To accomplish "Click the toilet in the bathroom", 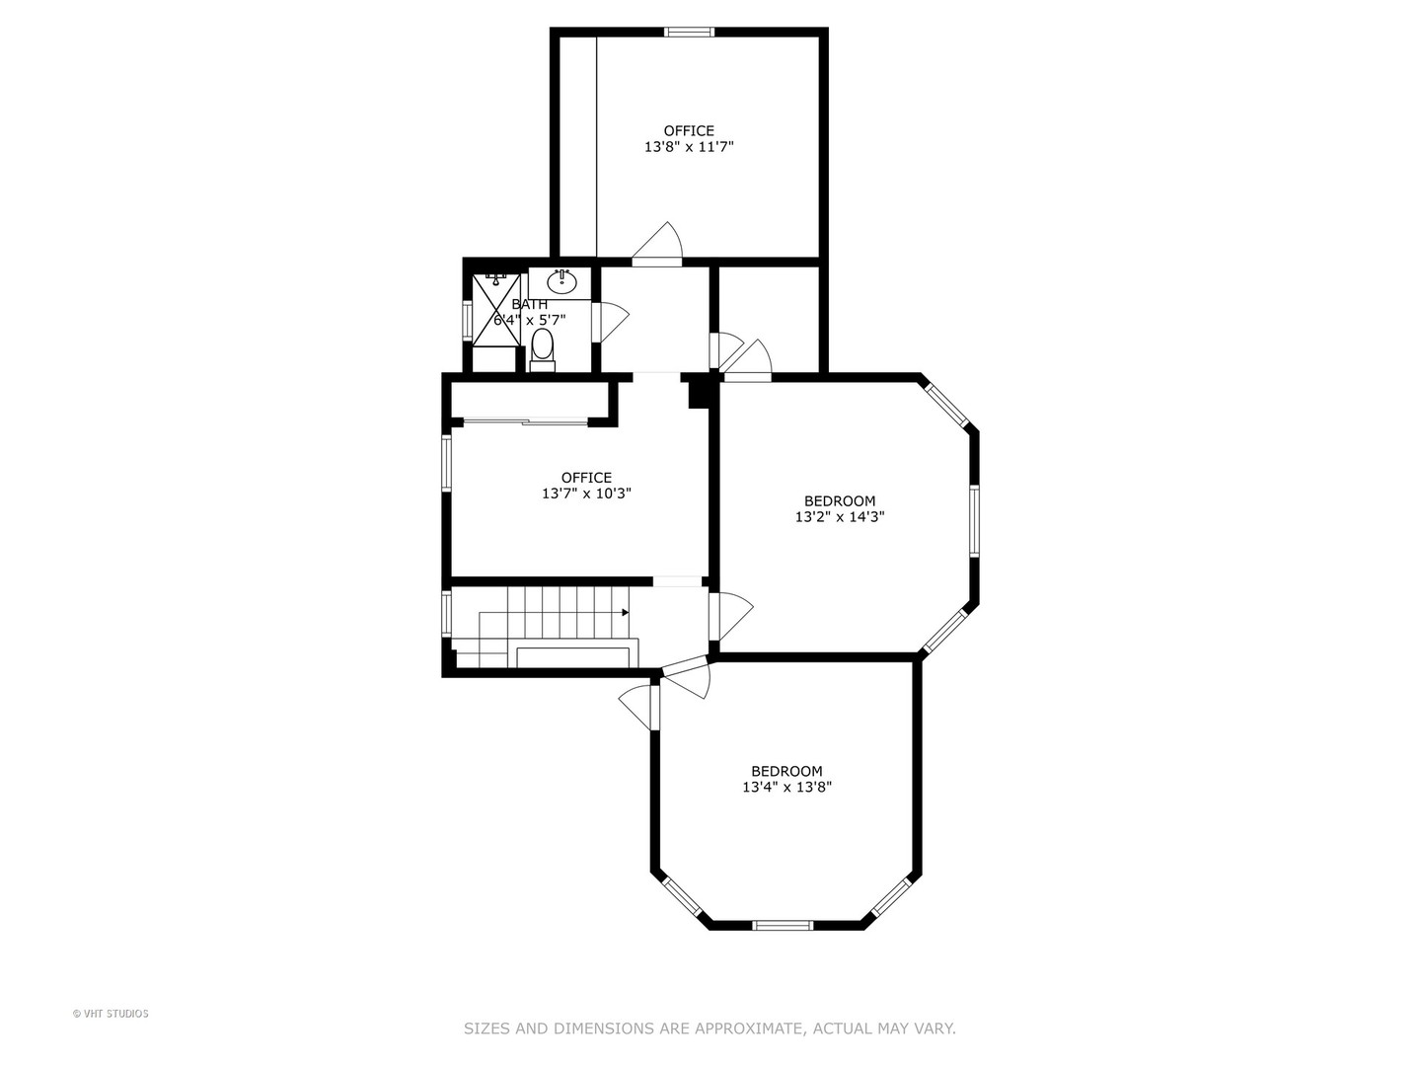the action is [x=543, y=350].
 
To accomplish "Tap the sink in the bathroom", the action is [x=561, y=281].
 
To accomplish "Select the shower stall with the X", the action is [x=496, y=310].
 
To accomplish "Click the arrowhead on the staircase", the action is [x=625, y=612].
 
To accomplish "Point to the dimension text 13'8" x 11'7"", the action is [x=689, y=147].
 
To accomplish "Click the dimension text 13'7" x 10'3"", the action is [x=586, y=494].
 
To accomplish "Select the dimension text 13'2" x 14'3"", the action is [x=840, y=517].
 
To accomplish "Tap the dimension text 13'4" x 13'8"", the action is [x=786, y=788].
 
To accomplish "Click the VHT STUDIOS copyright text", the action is [x=111, y=1014].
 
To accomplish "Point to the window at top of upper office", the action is [x=690, y=32].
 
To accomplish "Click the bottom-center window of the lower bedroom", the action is [x=783, y=926].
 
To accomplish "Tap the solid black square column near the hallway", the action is [x=700, y=393].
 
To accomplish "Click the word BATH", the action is [x=530, y=304].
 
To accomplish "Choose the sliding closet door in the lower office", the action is [x=526, y=422].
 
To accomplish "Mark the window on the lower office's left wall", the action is [x=446, y=463].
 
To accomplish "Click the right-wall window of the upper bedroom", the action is [x=974, y=520].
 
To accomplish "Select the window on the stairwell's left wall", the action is [x=446, y=612].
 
